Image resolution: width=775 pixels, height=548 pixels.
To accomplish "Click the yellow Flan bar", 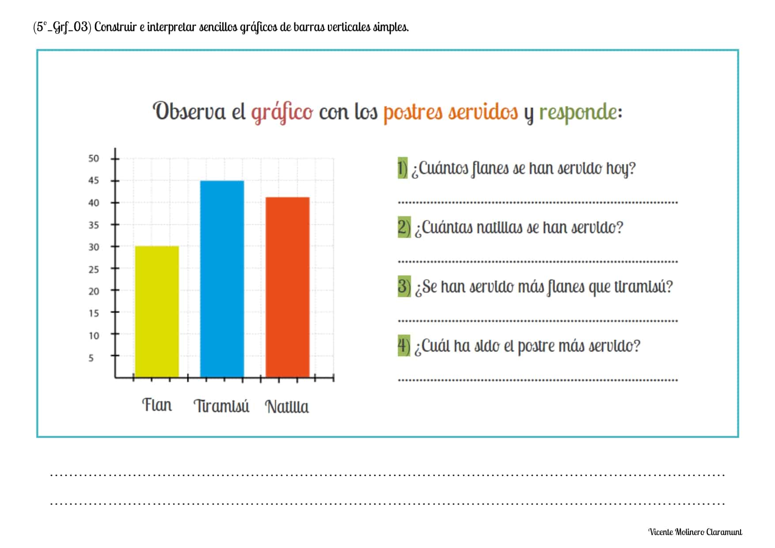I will pos(156,311).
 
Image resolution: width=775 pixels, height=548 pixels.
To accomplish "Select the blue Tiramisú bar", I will pos(222,279).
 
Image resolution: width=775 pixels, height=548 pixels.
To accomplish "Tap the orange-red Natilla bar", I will pos(287,287).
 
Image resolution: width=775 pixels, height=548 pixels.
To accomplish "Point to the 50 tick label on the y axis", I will pos(94,159).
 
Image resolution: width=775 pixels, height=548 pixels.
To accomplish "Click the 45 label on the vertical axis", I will pos(94,181).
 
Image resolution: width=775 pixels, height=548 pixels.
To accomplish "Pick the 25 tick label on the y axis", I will pos(94,269).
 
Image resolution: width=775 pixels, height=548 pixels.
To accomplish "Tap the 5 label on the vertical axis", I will pos(91,358).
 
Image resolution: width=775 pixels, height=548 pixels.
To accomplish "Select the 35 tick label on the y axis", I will pos(94,225).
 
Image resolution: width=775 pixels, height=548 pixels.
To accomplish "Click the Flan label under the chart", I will pos(157,405).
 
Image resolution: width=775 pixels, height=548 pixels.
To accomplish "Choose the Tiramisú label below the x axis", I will pos(221,406).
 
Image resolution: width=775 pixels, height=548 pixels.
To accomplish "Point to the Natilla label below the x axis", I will pos(287,407).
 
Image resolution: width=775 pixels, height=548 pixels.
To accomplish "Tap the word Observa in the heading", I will pos(189,111).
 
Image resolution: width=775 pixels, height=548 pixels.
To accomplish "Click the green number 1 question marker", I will pos(403,168).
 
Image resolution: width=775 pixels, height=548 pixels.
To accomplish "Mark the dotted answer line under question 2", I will pos(538,262).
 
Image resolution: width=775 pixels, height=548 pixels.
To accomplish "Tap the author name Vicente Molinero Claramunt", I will pos(695,532).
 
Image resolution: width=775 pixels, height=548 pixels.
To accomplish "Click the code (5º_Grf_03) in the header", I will pos(62,27).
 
